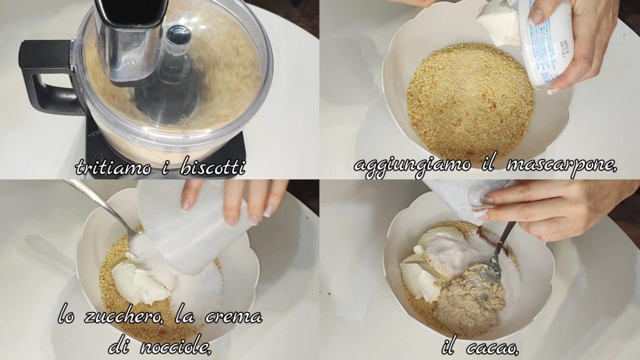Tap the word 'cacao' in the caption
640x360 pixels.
click(x=492, y=348)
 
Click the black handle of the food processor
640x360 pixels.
click(x=45, y=77)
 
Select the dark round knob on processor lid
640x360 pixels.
click(x=178, y=35)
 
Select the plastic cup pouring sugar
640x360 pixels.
click(x=192, y=226)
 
